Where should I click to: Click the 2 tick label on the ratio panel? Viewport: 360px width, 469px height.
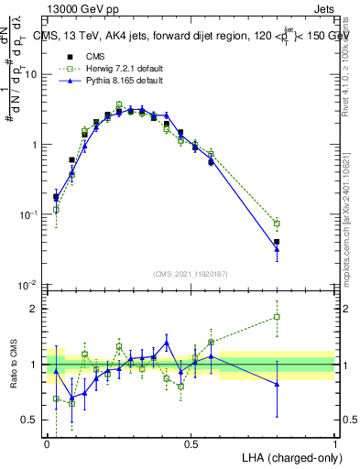tap(34, 309)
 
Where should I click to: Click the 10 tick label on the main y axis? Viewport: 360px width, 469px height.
tap(31, 74)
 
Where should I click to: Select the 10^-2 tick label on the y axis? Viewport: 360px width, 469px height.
tap(28, 286)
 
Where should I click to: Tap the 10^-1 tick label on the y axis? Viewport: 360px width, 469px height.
tap(28, 215)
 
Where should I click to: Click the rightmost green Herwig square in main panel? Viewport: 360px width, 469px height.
tap(277, 224)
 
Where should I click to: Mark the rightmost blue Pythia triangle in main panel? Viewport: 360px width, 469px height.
tap(277, 248)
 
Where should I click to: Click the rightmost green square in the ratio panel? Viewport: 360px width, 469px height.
tap(277, 318)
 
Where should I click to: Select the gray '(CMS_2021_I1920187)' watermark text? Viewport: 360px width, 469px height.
tap(191, 273)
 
